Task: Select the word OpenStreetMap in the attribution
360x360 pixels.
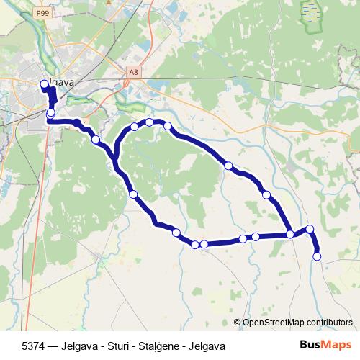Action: tap(275, 322)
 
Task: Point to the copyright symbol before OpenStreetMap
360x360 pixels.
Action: tap(237, 322)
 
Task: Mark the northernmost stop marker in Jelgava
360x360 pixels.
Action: tap(44, 84)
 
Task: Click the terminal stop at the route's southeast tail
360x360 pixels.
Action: tap(317, 256)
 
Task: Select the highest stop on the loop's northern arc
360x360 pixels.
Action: tap(150, 122)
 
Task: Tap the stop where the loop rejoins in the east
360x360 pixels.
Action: tap(290, 234)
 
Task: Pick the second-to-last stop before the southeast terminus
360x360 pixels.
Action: tap(310, 229)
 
